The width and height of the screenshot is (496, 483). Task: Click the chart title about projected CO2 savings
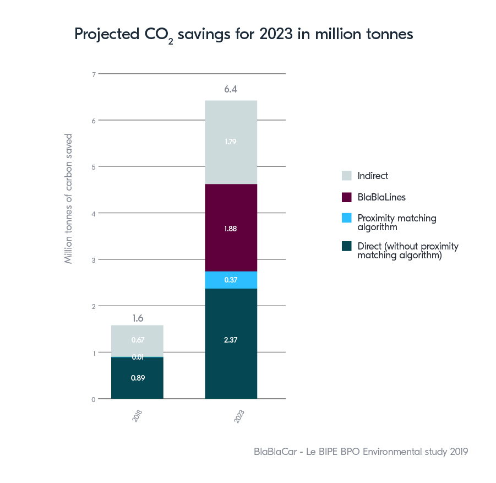coord(243,35)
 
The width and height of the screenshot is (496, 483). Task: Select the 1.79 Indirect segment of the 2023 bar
coord(231,142)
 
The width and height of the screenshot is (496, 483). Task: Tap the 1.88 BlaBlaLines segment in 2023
coord(231,228)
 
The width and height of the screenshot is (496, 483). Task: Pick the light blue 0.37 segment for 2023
coord(231,280)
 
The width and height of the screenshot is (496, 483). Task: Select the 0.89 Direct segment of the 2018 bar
coord(137,378)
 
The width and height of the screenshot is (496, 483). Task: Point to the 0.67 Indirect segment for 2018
coord(137,340)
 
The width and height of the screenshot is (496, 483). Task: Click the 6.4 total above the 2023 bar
coord(231,89)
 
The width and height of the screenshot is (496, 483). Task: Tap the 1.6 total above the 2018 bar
coord(137,318)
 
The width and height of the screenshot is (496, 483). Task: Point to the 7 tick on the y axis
coord(94,74)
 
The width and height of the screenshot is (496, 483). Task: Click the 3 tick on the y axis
coord(94,259)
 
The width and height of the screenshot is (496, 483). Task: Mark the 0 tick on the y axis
coord(94,399)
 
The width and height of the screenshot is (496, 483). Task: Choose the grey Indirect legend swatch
coord(347,176)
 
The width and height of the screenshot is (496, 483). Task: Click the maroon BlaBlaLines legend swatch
coord(347,197)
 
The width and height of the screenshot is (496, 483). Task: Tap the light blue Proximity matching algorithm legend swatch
coord(347,218)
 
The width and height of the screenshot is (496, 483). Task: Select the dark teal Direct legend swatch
coord(347,246)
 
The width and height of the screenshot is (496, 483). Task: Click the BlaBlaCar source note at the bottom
coord(361,452)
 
